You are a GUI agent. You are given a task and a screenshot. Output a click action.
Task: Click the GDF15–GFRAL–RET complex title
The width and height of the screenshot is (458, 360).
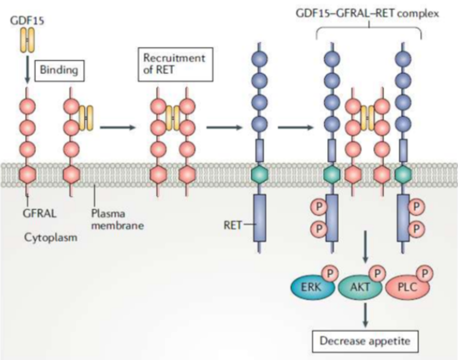[368, 13]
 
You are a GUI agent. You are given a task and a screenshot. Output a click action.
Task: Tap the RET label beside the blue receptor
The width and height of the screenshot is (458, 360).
[233, 226]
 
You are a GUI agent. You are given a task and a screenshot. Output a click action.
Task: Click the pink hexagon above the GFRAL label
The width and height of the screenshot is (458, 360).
[27, 174]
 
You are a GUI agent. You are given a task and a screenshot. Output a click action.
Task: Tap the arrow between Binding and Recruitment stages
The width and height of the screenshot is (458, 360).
[117, 128]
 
